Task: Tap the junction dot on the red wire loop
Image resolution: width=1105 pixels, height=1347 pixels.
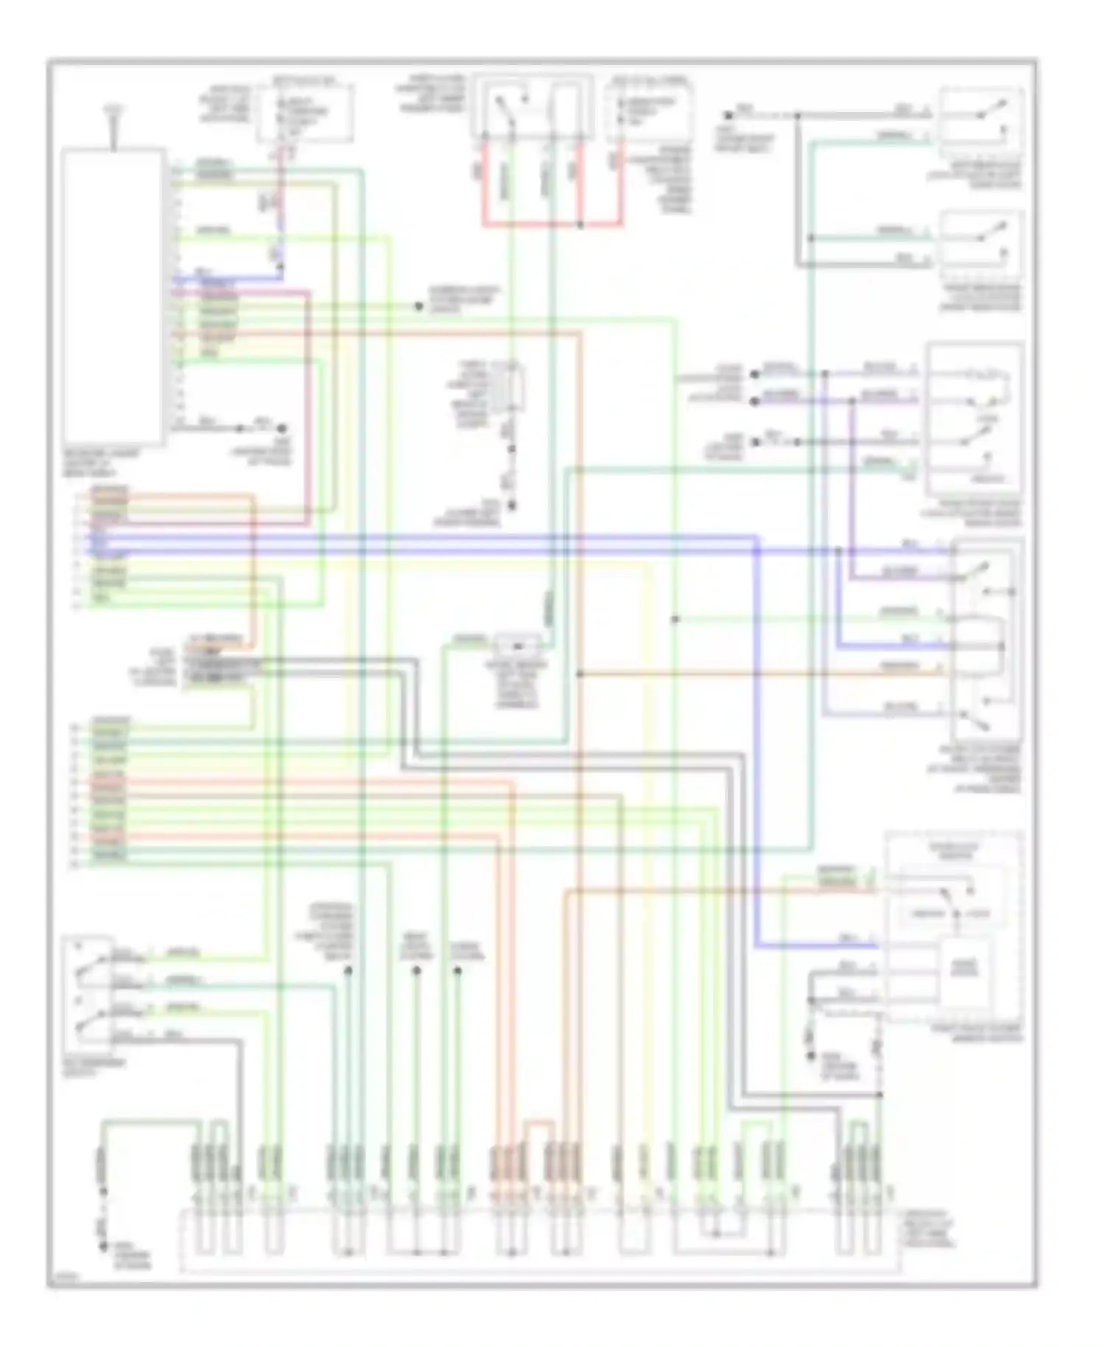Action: pyautogui.click(x=580, y=224)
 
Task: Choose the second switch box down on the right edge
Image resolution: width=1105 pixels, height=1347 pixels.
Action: pyautogui.click(x=981, y=239)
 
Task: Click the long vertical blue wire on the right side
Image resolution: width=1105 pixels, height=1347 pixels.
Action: pyautogui.click(x=757, y=737)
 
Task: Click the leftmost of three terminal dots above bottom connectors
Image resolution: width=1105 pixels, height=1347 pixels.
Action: pyautogui.click(x=348, y=970)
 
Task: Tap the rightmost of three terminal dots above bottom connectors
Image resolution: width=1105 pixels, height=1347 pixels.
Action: pyautogui.click(x=457, y=970)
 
